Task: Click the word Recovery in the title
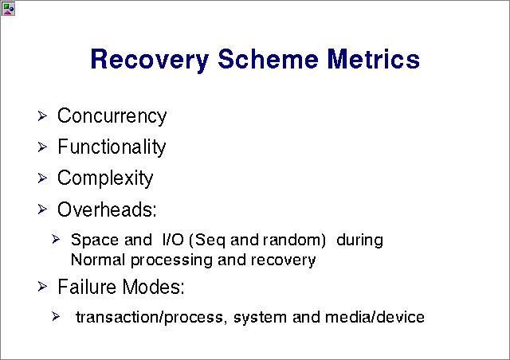click(150, 61)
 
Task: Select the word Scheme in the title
click(268, 58)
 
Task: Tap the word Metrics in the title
click(374, 58)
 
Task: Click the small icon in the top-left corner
click(8, 9)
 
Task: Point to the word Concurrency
click(112, 116)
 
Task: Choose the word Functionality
click(112, 147)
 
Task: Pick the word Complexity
click(105, 178)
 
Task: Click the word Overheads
click(107, 209)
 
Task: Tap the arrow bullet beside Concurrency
click(42, 115)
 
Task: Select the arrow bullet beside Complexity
click(42, 178)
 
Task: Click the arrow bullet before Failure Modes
click(42, 287)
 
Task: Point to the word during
click(359, 240)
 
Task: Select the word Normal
click(98, 260)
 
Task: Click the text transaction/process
click(150, 318)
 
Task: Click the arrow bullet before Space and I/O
click(56, 240)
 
